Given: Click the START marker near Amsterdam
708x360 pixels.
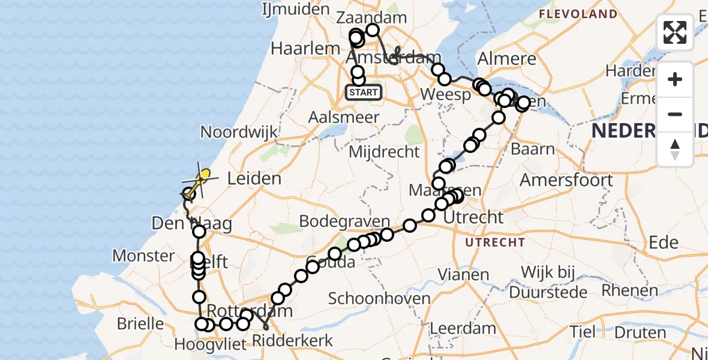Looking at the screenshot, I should point(364,92).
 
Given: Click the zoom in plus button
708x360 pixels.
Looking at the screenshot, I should point(675,79).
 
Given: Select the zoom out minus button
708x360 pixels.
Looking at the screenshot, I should point(675,114).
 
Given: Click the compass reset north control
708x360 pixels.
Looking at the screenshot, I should point(675,149).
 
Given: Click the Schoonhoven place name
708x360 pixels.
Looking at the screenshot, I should point(379,299).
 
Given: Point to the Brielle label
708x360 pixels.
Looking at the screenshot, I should point(140,324).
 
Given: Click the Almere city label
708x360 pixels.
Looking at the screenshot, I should point(506,59).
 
